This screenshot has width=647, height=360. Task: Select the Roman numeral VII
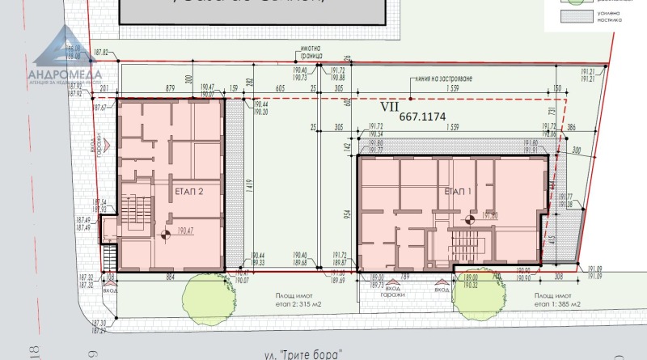click(x=390, y=105)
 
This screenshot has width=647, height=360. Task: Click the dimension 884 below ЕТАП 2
click(x=171, y=277)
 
